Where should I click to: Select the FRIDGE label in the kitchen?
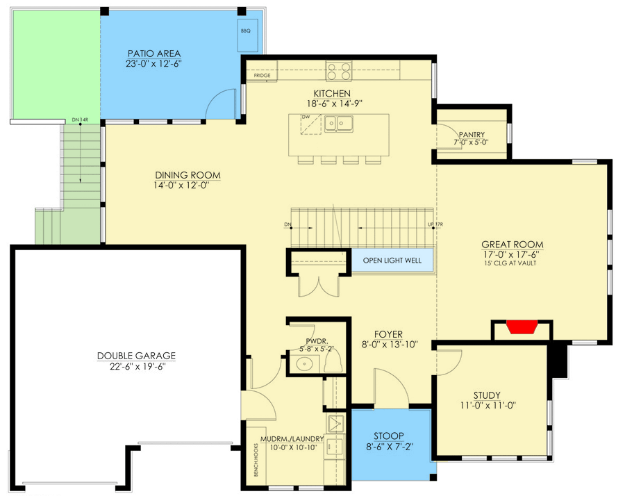262,75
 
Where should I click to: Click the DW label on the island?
305,118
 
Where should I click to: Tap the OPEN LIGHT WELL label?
392,262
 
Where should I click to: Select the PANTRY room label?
471,135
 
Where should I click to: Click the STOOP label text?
392,436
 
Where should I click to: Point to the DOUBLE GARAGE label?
136,356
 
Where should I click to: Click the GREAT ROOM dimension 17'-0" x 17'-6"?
512,255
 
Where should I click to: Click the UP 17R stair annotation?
435,225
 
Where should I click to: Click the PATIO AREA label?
154,53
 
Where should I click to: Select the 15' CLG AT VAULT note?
512,265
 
